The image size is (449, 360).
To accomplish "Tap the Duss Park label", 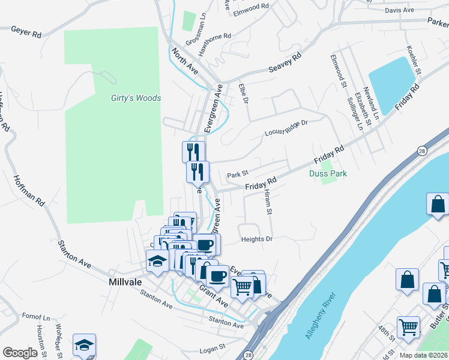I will tap(328, 173).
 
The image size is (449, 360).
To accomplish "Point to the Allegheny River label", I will tap(322, 316).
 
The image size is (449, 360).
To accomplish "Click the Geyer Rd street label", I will tap(26, 32).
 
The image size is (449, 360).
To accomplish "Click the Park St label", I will tap(238, 175).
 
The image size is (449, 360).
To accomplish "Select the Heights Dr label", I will tap(257, 239).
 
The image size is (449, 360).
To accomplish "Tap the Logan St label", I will tap(211, 347).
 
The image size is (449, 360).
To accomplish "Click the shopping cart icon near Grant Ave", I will tap(242, 286).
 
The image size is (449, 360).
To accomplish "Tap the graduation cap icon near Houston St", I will tap(84, 344).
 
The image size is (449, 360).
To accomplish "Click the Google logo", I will tap(20, 353).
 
